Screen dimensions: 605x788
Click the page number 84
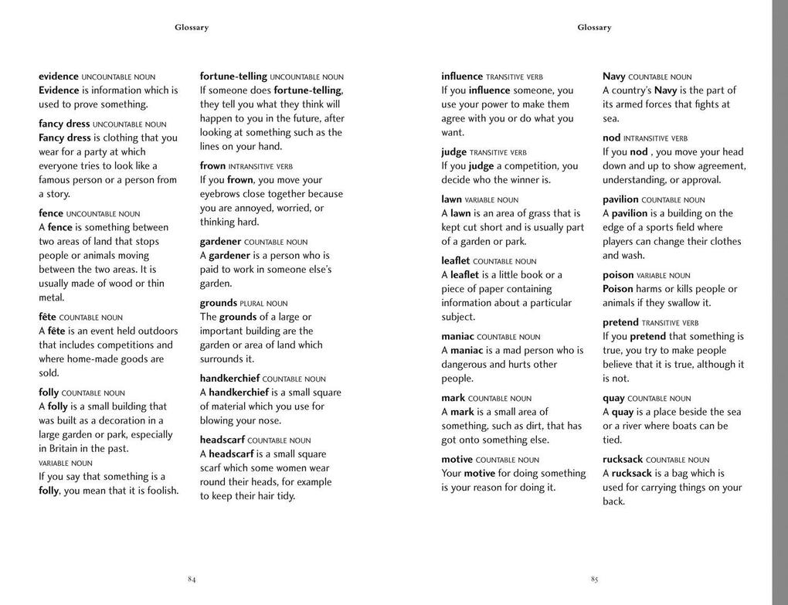192,580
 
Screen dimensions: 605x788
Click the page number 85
594,580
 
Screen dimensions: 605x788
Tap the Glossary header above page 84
192,28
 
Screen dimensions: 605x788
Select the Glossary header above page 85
594,28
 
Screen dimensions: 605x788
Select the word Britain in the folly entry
63,449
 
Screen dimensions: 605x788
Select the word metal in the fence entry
52,297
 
